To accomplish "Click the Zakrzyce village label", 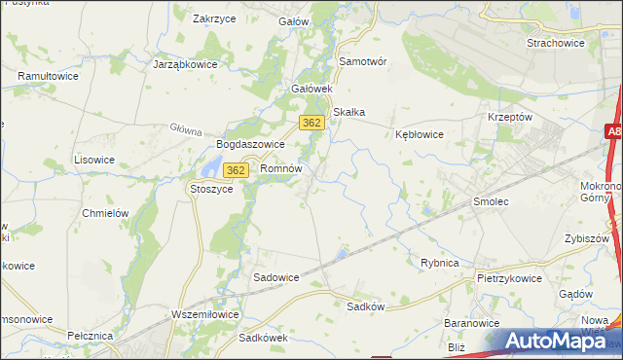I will tap(215, 18).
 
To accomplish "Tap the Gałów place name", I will tap(293, 20).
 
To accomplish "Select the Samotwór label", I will tap(362, 61).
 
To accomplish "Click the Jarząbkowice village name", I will tap(184, 64).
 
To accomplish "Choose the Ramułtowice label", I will tap(48, 75).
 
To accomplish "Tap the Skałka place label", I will tap(348, 112).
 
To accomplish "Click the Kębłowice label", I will tap(420, 134).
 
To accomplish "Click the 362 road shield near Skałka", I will tap(311, 123).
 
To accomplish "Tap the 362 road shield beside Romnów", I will tap(235, 170).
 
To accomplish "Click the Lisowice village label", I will tap(94, 159).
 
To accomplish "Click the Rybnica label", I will tap(439, 263).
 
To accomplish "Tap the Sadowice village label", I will tap(275, 277).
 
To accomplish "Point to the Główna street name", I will tap(185, 127).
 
